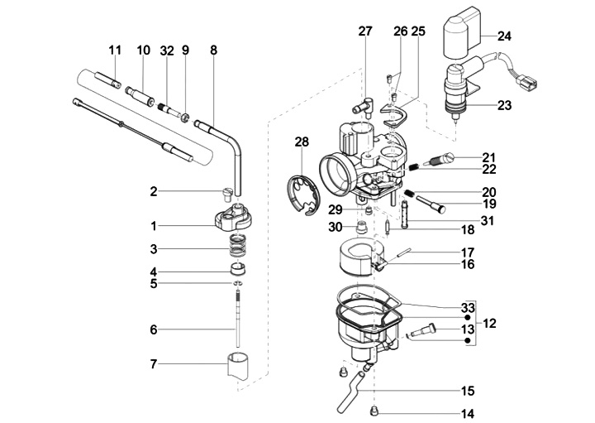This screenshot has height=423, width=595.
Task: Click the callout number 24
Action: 504,36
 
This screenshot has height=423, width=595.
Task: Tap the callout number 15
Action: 468,391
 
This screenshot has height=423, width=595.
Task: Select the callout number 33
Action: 468,307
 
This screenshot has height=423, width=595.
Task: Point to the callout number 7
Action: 154,364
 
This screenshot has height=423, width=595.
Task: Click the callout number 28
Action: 302,142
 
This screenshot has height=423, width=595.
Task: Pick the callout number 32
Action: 167,50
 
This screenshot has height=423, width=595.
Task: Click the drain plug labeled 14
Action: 374,410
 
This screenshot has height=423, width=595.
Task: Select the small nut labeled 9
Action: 185,118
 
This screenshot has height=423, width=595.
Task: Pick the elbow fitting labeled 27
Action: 364,107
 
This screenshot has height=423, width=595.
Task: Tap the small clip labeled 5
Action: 238,283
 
